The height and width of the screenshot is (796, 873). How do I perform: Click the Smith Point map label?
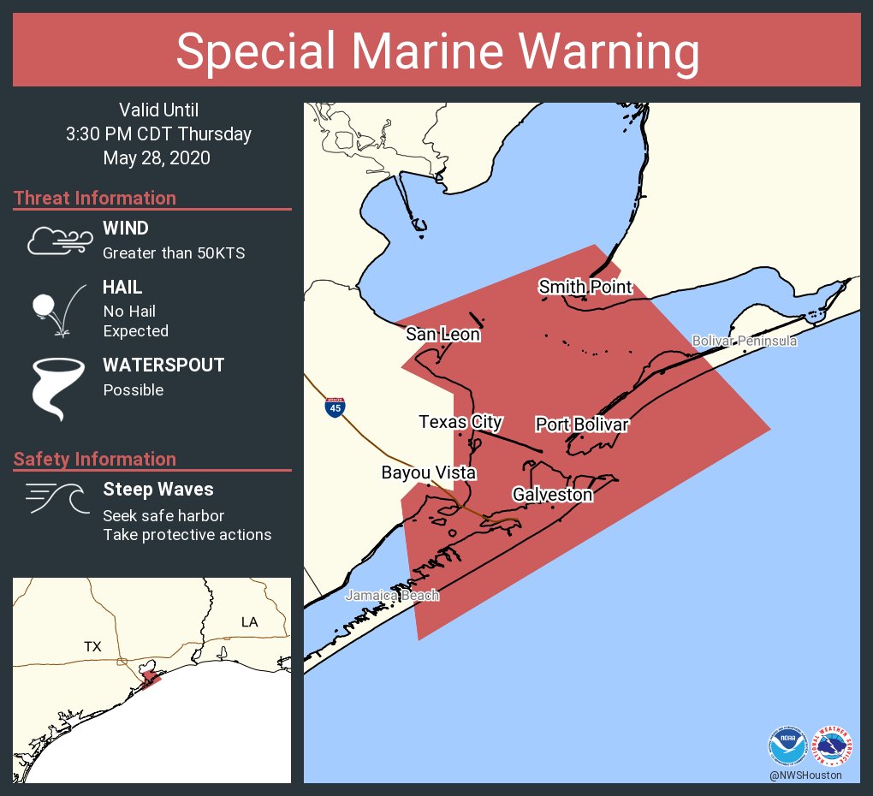585,287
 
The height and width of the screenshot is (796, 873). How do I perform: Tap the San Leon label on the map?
442,334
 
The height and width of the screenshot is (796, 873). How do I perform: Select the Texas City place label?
460,422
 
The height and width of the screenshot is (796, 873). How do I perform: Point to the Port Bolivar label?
582,425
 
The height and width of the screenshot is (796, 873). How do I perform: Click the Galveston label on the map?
552,494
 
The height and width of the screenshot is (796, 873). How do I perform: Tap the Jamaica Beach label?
392,595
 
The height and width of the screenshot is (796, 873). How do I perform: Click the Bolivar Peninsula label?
744,342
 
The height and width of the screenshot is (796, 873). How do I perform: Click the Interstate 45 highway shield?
336,407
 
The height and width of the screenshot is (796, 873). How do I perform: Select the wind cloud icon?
59,241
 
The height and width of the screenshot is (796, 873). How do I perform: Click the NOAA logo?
787,746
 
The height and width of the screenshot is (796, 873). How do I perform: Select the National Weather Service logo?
832,746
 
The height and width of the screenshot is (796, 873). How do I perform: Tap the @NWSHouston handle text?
805,775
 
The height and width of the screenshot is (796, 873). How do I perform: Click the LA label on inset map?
249,621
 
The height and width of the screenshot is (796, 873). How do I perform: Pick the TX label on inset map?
92,646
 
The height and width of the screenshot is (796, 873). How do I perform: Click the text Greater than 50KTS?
174,253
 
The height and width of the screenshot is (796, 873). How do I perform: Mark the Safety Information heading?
94,459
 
